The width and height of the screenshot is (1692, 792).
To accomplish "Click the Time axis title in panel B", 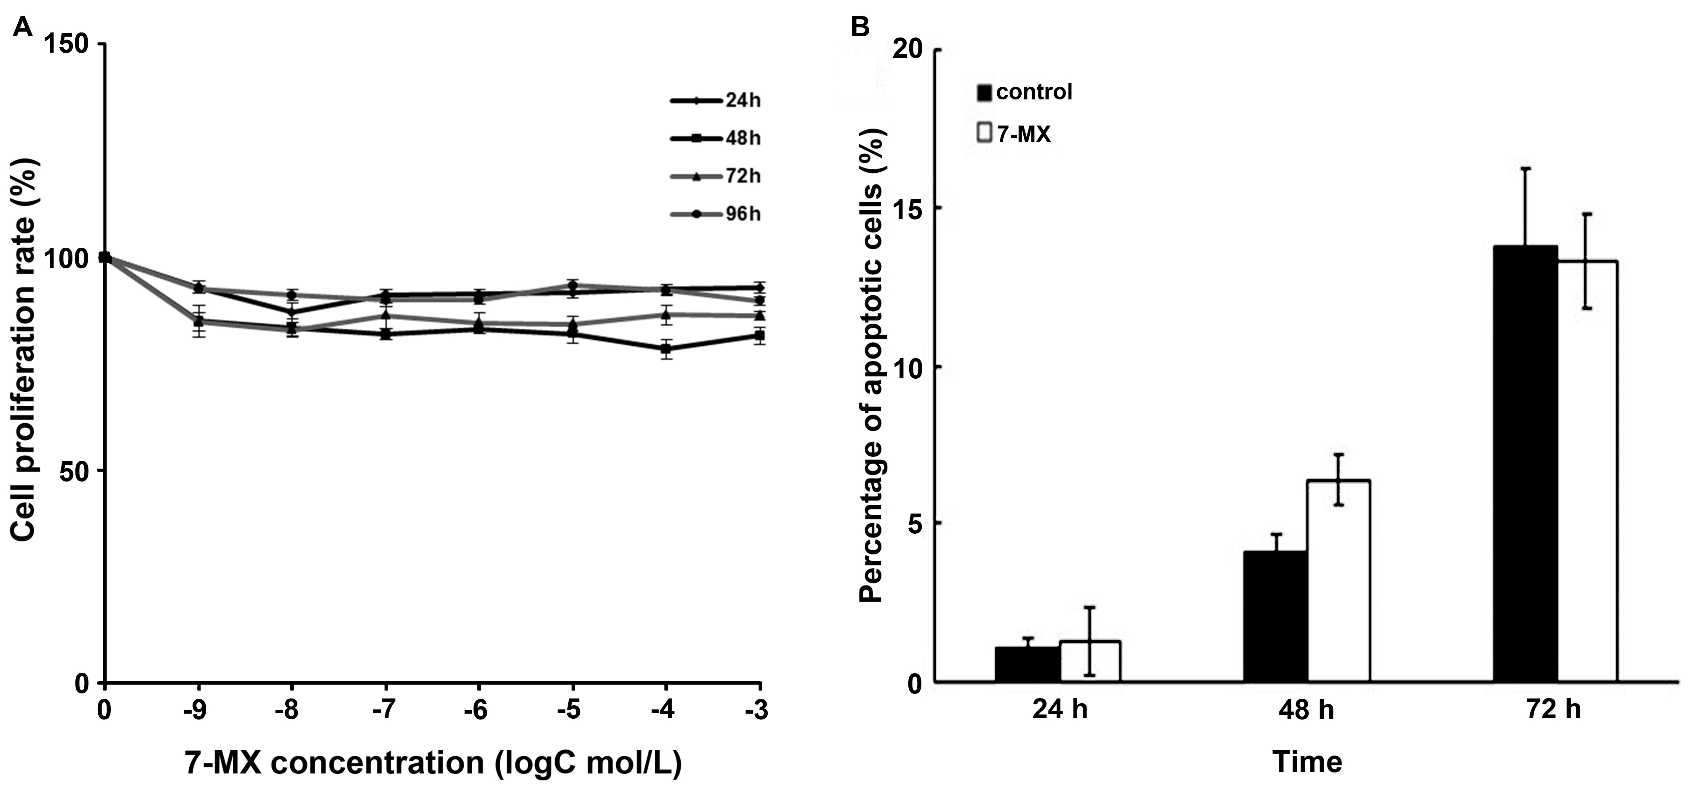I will pos(1307,763).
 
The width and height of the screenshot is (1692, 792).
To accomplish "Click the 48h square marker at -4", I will pos(666,349).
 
